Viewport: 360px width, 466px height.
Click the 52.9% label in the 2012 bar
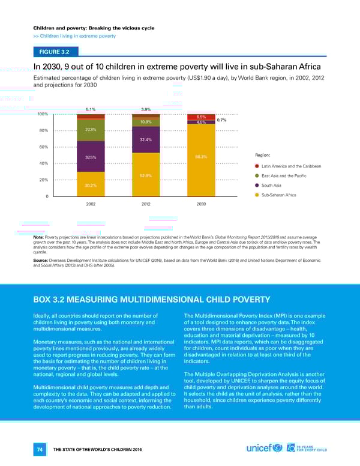145,175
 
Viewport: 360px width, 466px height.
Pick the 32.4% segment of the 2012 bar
145,139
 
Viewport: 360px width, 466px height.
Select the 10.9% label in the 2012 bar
145,122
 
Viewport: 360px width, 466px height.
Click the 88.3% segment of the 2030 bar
201,157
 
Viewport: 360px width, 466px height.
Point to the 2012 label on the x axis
145,204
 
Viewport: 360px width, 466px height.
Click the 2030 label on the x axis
201,204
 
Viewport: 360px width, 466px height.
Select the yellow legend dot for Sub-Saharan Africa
257,195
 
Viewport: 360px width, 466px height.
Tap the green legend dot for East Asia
257,176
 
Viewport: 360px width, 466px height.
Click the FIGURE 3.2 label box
57,52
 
